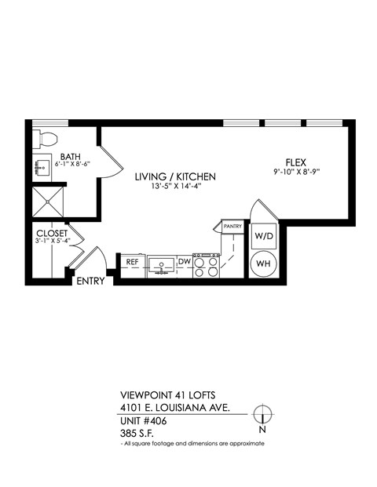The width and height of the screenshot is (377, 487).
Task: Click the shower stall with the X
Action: pos(49,201)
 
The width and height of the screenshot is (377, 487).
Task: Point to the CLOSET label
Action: pos(52,233)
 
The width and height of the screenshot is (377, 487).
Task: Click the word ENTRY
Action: pos(90,281)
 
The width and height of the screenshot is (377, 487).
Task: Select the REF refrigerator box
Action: pos(132,262)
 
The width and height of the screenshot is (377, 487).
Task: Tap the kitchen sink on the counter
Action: pos(161,264)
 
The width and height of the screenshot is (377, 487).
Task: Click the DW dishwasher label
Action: pos(184,262)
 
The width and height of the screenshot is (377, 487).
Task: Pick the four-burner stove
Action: pos(205,267)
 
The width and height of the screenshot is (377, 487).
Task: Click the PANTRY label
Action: pos(232,227)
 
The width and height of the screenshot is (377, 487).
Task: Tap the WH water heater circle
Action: pos(262,264)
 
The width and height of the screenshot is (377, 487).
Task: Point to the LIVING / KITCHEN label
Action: pos(174,176)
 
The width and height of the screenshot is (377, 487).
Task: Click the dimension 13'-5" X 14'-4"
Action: pos(174,187)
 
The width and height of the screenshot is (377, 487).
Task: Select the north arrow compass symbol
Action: pos(264,414)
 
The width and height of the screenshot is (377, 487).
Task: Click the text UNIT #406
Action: pos(144,421)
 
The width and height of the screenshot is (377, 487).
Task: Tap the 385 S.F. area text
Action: pos(137,433)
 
